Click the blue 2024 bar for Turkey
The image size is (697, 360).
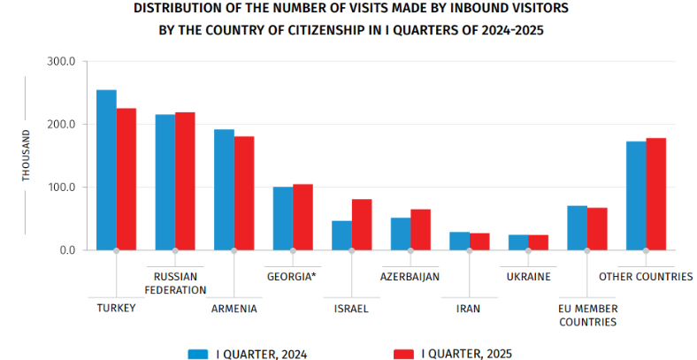click(x=106, y=170)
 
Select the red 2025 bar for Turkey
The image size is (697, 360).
click(x=126, y=180)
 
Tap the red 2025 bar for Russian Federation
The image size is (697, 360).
click(x=185, y=181)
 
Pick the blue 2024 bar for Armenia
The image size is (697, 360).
click(x=224, y=190)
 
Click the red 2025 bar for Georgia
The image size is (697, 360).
click(x=303, y=217)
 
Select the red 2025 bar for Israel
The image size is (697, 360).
click(x=362, y=225)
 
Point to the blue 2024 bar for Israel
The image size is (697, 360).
click(x=341, y=235)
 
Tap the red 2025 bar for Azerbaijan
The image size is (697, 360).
click(x=420, y=230)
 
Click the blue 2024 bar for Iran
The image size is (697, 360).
click(x=459, y=241)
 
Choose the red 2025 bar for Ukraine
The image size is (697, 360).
click(x=538, y=242)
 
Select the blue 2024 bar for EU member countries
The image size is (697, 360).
click(x=577, y=228)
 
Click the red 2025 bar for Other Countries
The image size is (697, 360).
click(x=655, y=195)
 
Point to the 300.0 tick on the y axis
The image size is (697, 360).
click(x=66, y=62)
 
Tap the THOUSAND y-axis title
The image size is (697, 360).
click(x=26, y=156)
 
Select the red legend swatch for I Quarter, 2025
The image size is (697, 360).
click(x=404, y=354)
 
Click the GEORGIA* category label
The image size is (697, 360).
click(x=292, y=276)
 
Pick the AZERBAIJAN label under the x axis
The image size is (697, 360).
click(x=410, y=276)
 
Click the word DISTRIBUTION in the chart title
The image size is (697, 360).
click(x=174, y=8)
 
